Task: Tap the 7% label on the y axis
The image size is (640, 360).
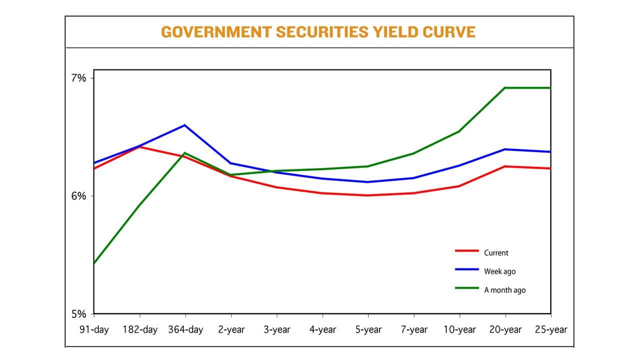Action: [78, 78]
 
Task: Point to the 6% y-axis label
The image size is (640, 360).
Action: [78, 196]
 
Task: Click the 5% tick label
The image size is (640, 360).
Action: [78, 314]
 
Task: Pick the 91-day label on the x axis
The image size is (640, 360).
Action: [94, 329]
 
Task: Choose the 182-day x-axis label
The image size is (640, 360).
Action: [140, 329]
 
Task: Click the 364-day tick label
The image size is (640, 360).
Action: [185, 329]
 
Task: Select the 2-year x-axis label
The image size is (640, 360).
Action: [231, 329]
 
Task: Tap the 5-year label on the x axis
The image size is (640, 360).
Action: [368, 329]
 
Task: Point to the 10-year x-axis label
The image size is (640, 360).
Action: [459, 329]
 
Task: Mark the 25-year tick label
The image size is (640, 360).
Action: [550, 329]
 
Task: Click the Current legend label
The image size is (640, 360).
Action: [496, 253]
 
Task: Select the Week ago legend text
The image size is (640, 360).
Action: [499, 271]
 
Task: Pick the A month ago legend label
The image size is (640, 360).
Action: [504, 290]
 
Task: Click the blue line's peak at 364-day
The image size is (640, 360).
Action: [185, 125]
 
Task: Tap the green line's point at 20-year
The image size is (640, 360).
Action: [505, 88]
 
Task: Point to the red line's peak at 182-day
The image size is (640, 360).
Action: [139, 147]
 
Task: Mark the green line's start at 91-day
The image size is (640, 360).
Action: [94, 263]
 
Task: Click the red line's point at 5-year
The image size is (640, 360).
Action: [368, 195]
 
